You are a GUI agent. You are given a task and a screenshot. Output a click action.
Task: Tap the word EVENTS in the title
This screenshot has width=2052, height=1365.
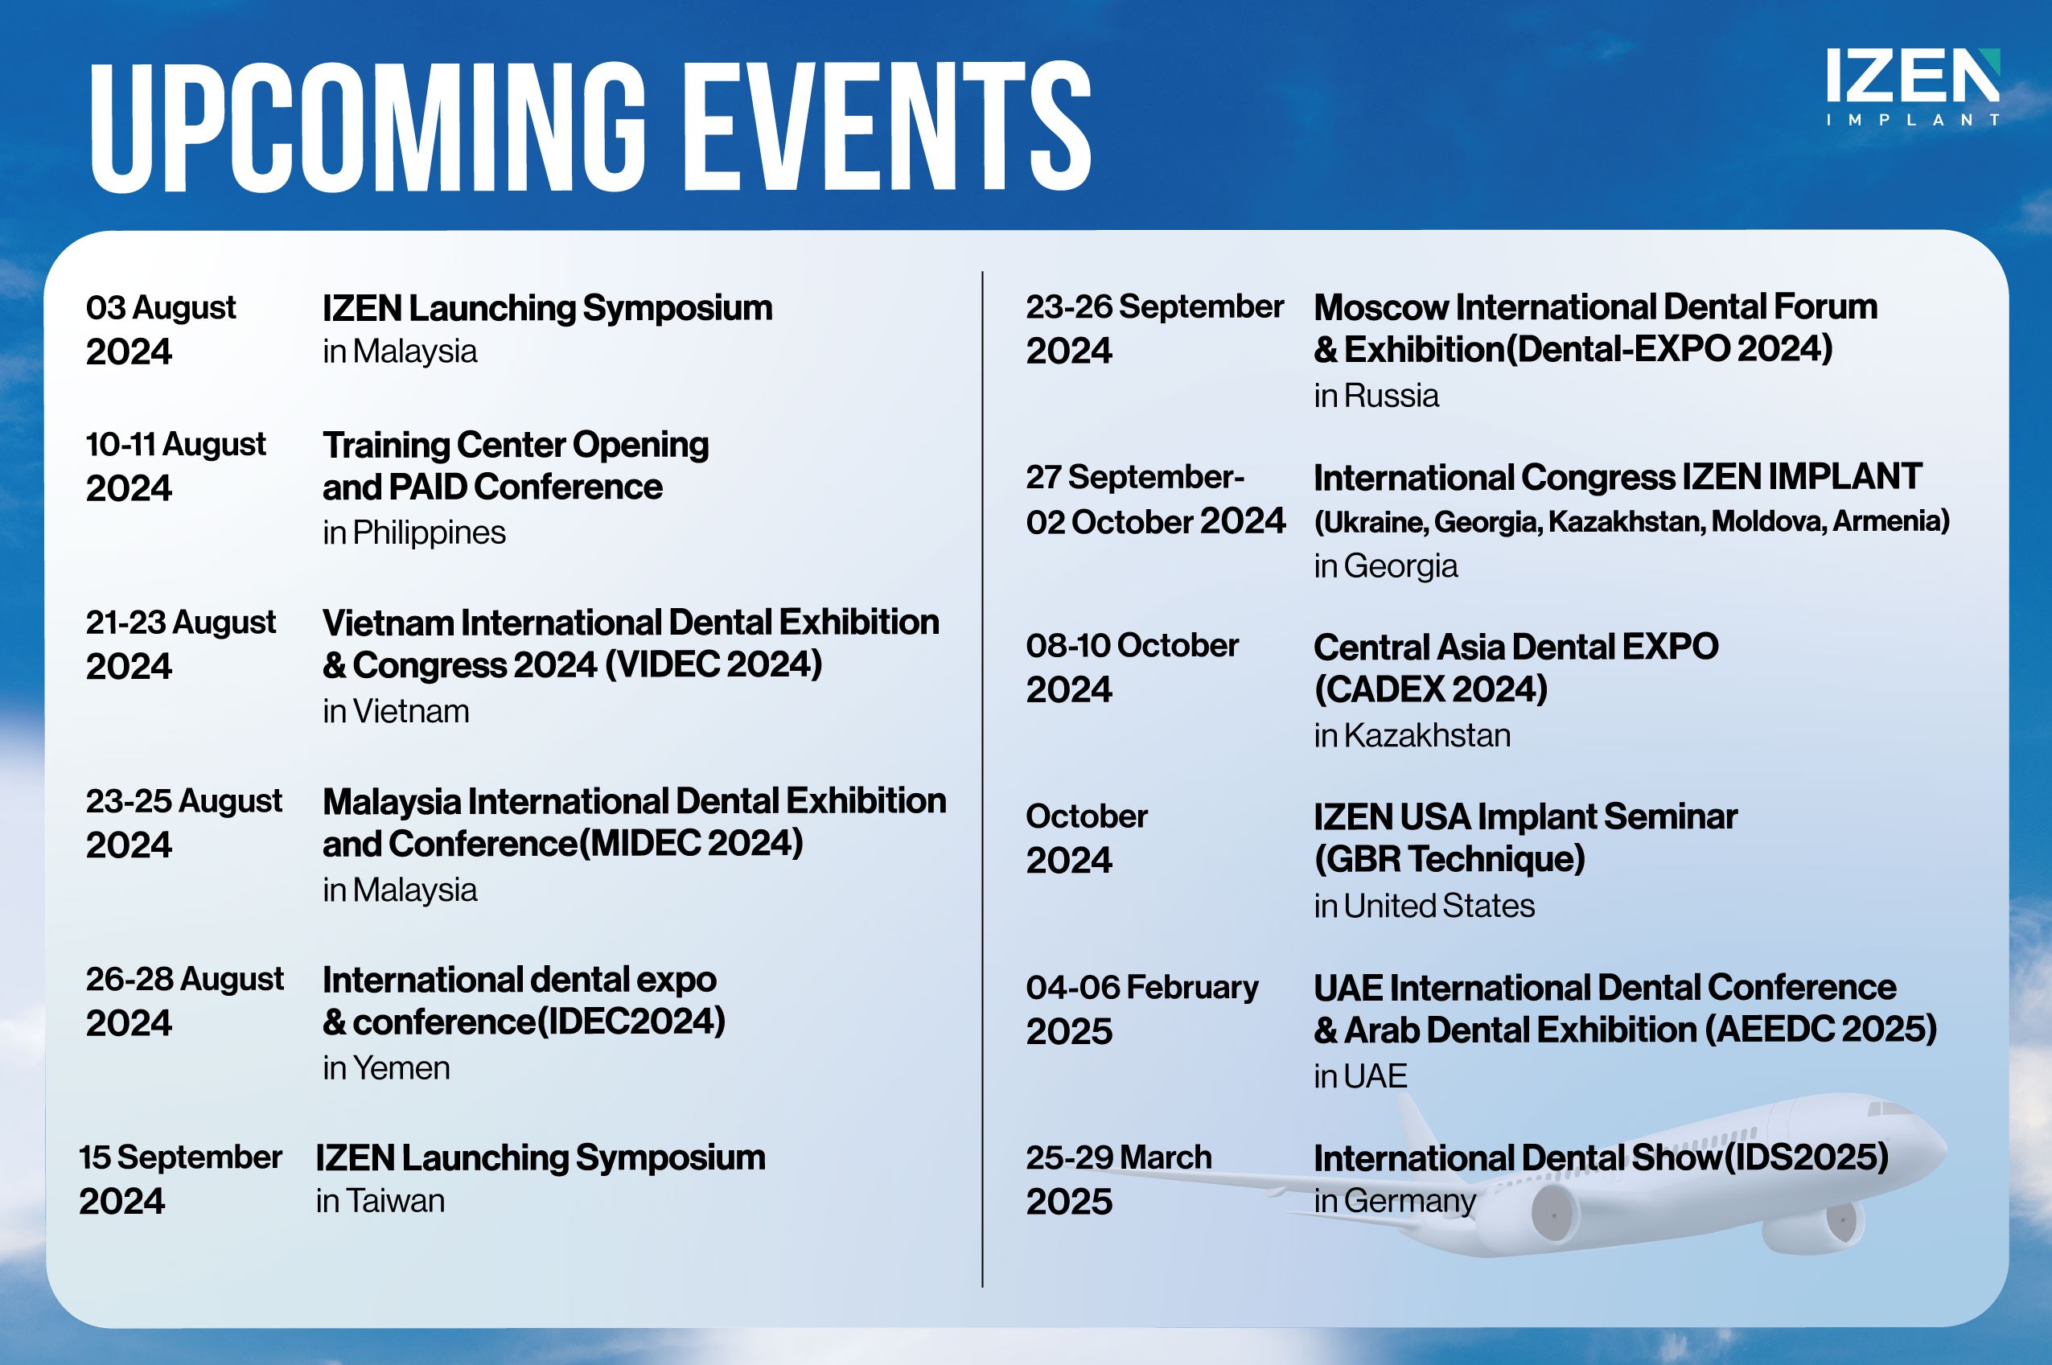pos(887,127)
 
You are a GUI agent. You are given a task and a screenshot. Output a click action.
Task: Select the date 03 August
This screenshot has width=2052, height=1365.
pos(160,307)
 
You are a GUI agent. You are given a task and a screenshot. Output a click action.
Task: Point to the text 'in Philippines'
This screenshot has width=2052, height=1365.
pos(413,532)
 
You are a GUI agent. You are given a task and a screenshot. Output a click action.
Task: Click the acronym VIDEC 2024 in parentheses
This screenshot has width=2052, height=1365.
pos(713,665)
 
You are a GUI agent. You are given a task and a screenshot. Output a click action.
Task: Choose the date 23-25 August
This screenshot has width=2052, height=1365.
pos(183,801)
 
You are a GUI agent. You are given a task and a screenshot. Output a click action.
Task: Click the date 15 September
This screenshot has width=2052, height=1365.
pos(180,1157)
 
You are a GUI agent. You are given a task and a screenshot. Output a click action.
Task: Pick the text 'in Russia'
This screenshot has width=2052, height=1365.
pos(1376,396)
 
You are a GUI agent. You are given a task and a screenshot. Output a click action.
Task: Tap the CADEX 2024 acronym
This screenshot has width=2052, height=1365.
pos(1431,689)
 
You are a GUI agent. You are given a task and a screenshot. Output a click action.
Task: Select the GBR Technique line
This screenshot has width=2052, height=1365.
pos(1450,859)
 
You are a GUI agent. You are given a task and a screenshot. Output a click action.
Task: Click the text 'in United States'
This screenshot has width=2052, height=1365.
pos(1425,907)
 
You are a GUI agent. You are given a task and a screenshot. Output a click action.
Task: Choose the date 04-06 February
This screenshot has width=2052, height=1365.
pos(1141,987)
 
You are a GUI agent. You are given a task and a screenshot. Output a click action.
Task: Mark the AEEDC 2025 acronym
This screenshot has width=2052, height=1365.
pos(1820,1030)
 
